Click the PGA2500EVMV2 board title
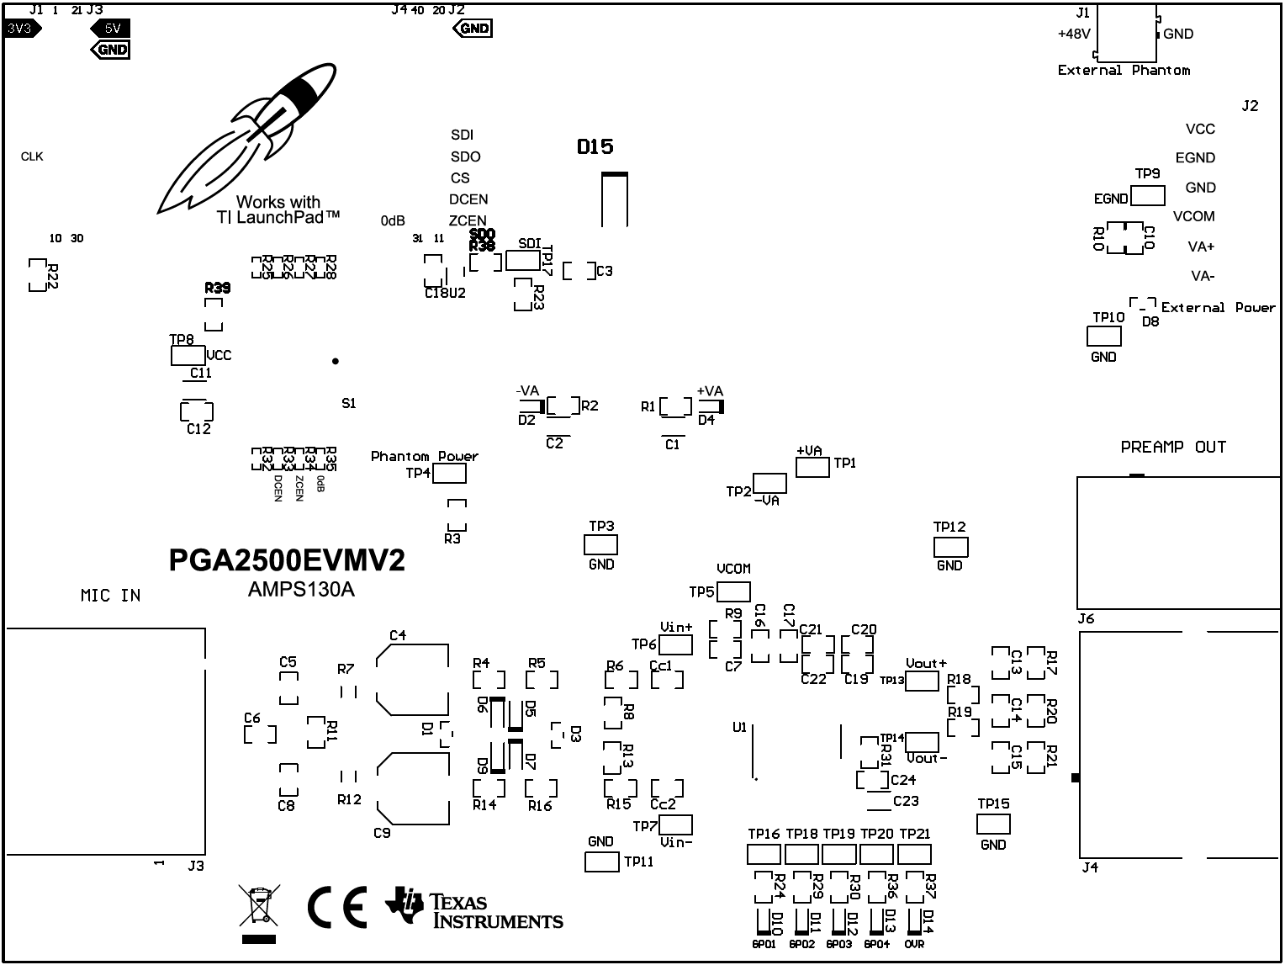(287, 560)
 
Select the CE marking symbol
(337, 907)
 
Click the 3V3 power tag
(22, 28)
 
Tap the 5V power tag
(110, 28)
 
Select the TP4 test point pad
(449, 474)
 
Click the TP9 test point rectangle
(1148, 196)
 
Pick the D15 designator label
(595, 146)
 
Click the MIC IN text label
(110, 596)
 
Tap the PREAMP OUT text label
(1173, 447)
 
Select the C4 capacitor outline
(412, 680)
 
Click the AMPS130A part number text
(301, 590)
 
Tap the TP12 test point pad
(950, 547)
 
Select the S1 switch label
(349, 404)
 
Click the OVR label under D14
(914, 945)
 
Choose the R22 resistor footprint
(37, 275)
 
